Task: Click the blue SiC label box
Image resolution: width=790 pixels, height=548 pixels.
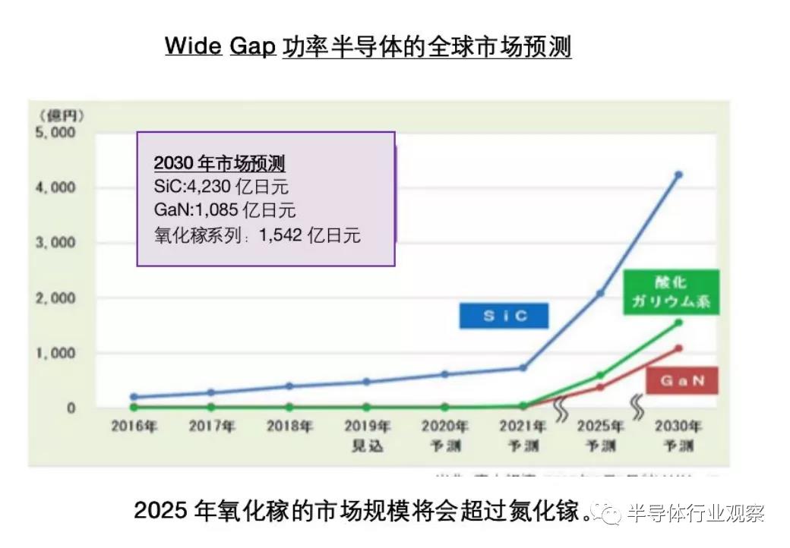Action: tap(504, 316)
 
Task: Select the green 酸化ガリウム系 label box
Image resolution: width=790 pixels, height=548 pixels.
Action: tap(671, 293)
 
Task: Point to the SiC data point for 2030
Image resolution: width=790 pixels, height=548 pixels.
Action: tap(678, 175)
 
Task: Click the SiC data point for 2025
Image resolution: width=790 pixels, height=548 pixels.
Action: tap(600, 293)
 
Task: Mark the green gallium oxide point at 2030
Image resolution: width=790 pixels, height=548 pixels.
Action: tap(678, 323)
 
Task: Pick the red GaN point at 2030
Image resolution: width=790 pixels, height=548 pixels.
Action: tap(678, 348)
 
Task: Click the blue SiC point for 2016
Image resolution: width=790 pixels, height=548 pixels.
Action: tap(134, 397)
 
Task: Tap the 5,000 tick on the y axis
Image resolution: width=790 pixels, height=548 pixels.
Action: tap(55, 132)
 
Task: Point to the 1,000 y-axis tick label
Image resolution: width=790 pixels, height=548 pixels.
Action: tap(55, 353)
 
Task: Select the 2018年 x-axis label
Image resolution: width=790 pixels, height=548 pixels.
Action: tap(289, 427)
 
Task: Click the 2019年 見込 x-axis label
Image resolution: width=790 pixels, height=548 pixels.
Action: tap(367, 435)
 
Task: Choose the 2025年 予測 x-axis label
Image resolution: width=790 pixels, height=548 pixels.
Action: tap(600, 435)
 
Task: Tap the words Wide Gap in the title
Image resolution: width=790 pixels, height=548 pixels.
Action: tap(220, 47)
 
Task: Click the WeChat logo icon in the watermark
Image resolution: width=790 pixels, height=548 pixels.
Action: tap(609, 514)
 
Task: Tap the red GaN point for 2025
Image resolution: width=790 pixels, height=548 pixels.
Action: tap(600, 387)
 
